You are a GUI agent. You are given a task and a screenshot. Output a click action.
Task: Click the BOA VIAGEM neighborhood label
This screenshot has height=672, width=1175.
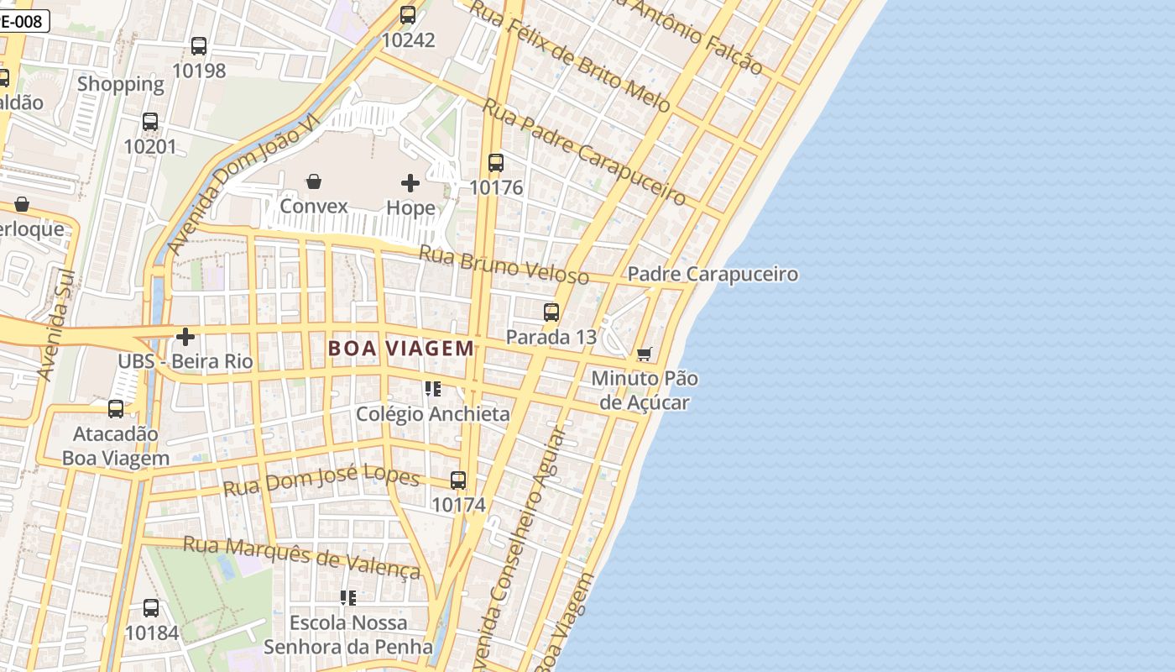[x=401, y=348]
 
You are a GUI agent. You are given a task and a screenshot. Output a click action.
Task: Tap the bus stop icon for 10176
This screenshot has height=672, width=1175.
[x=496, y=163]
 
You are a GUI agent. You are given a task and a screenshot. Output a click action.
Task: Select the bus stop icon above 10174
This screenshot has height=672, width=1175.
[x=458, y=480]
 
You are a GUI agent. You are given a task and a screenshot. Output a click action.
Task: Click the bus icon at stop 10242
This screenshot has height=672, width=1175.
[x=408, y=15]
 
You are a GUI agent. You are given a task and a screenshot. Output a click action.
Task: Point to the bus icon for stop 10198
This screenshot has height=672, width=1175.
[x=199, y=46]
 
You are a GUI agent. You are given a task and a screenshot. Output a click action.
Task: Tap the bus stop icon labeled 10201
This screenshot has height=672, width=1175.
[x=150, y=122]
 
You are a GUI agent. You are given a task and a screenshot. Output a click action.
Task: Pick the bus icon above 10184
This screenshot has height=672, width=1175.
[x=151, y=607]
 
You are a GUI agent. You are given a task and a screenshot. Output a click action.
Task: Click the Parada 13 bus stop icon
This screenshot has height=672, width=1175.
[x=551, y=312]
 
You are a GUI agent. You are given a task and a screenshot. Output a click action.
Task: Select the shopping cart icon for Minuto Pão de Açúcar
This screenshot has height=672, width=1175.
[x=644, y=354]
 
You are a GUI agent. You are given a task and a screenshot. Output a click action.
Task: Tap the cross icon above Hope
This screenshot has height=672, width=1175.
[x=410, y=182]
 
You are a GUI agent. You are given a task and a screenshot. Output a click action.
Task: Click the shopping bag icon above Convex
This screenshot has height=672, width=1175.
[x=314, y=181]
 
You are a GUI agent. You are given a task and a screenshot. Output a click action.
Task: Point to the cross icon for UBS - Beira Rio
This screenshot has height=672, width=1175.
[x=185, y=337]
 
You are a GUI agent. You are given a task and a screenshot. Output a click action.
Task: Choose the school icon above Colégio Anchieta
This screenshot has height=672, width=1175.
[x=432, y=389]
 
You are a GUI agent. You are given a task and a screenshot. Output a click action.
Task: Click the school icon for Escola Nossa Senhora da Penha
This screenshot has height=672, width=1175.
[x=347, y=598]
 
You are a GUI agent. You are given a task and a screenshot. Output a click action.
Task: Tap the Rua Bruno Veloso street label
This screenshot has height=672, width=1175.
[x=504, y=265]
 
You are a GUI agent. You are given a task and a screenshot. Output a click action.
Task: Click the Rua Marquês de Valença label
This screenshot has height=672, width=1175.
[x=301, y=557]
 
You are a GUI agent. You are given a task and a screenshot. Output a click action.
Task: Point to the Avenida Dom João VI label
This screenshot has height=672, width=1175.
[x=243, y=185]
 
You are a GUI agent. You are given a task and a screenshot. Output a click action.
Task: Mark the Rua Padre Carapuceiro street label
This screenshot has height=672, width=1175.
[x=584, y=152]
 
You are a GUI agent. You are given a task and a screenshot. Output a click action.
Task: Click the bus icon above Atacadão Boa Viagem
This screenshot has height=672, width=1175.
[x=116, y=409]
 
